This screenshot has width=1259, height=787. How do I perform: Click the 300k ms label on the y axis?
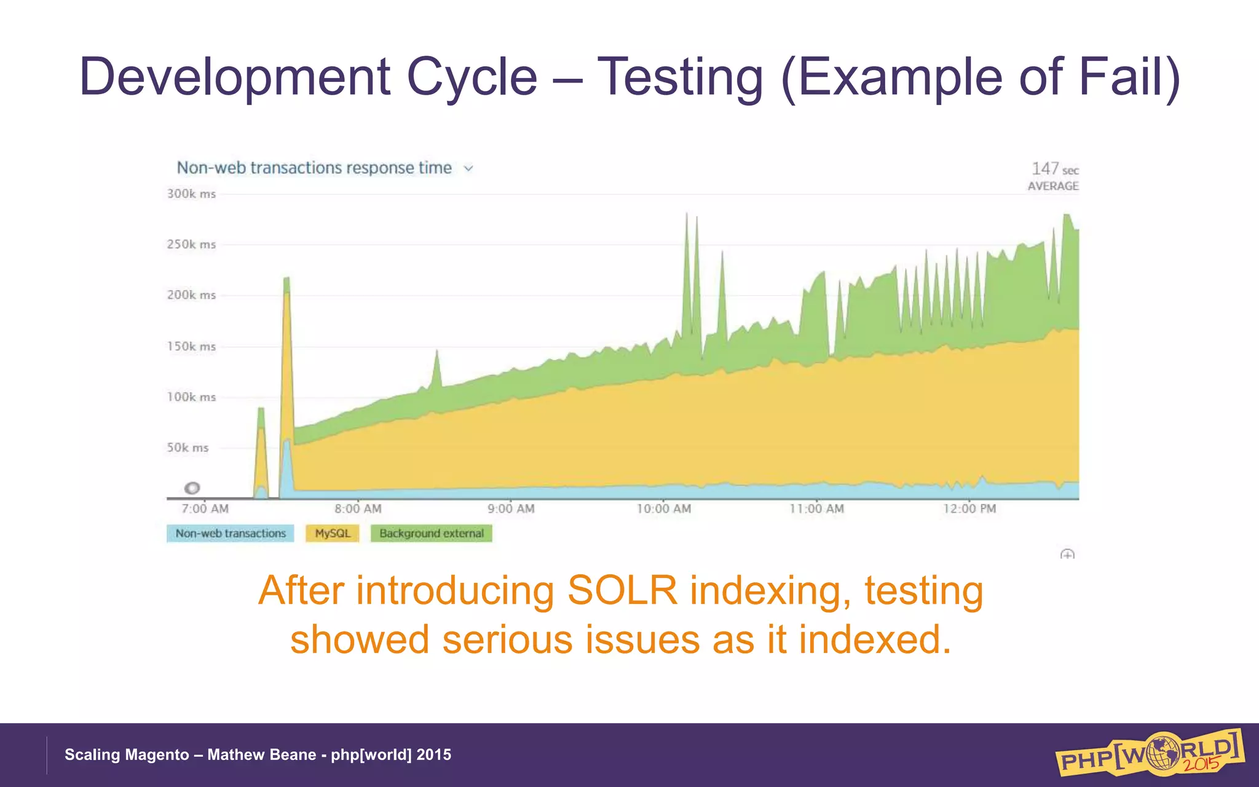coord(191,194)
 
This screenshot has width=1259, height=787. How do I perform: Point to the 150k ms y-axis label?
coord(191,346)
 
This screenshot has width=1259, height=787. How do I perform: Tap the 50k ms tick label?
coord(187,448)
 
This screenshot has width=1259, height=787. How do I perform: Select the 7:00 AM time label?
coord(205,508)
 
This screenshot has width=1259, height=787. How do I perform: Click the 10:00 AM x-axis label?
coord(663,508)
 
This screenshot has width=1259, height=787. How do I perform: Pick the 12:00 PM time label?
coord(969,508)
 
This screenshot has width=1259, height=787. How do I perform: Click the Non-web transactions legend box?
coord(231,533)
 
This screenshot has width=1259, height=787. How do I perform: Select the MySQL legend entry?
coord(333,533)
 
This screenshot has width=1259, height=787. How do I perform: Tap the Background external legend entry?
coord(431,533)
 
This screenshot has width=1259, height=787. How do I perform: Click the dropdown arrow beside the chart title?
coord(468,168)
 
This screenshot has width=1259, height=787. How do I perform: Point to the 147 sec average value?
coord(1054,168)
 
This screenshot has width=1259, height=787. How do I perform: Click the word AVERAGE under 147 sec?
coord(1053,186)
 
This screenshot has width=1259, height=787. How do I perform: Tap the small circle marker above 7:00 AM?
coord(192,488)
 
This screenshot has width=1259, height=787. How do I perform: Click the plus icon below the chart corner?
coord(1067,555)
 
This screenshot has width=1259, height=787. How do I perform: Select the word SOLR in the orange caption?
coord(622,590)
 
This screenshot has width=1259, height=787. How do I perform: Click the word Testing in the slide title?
coord(681,77)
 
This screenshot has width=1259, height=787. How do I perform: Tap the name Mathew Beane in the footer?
coord(261,754)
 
